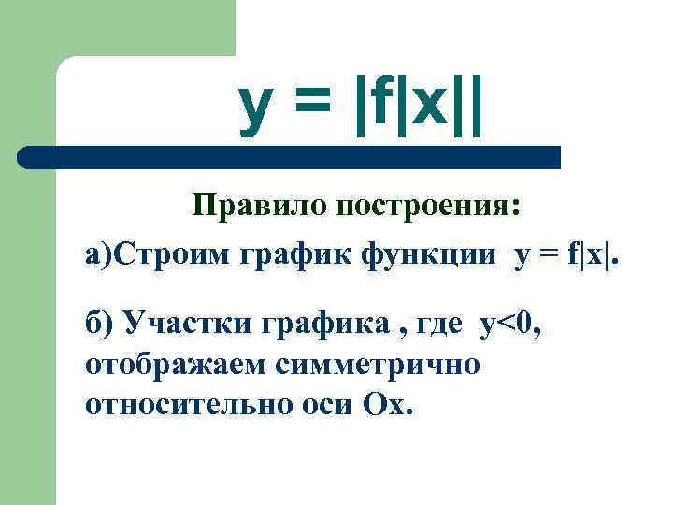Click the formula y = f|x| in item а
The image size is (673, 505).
pyautogui.click(x=566, y=256)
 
